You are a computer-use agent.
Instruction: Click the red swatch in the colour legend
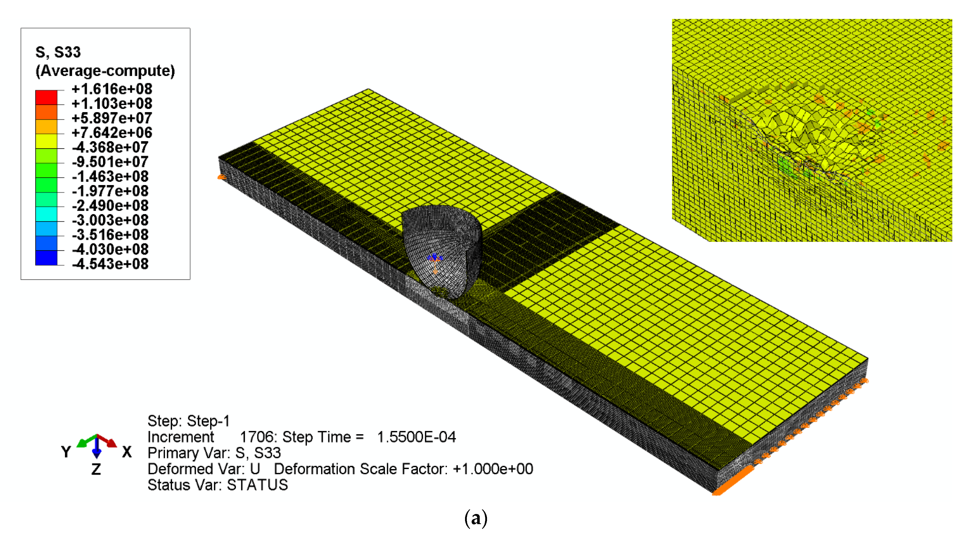coord(46,97)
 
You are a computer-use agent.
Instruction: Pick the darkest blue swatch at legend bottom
coord(46,258)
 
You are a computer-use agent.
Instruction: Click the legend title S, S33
coord(58,52)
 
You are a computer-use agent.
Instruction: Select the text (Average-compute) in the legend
coord(105,71)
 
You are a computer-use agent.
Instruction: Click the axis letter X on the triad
coord(127,452)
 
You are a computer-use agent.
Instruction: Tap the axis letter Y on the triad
coord(66,452)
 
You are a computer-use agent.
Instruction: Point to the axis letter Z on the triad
coord(96,469)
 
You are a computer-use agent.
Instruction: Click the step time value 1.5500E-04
coord(416,437)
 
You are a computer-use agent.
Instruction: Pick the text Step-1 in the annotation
coord(208,421)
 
